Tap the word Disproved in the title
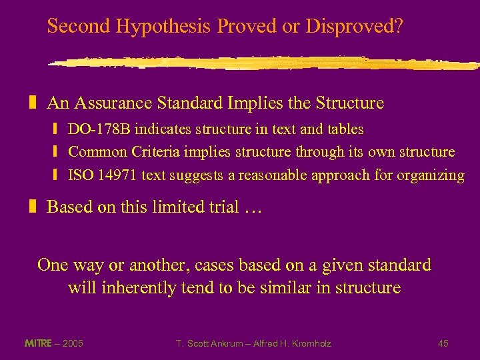pyautogui.click(x=349, y=27)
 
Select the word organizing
pyautogui.click(x=431, y=176)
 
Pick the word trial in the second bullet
pyautogui.click(x=220, y=207)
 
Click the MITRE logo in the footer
pyautogui.click(x=39, y=343)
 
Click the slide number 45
pyautogui.click(x=443, y=343)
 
